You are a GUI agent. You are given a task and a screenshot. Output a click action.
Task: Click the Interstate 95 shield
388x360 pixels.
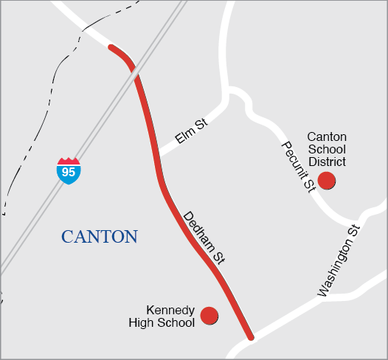[x=69, y=170]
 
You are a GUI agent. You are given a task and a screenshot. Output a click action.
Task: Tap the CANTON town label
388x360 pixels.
[x=100, y=237]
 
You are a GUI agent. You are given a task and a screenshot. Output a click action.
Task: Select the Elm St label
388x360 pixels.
[x=191, y=132]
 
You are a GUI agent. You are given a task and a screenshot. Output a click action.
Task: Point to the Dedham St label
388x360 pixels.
[x=203, y=238]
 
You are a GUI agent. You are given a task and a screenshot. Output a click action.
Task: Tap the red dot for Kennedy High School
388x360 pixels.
[x=209, y=316]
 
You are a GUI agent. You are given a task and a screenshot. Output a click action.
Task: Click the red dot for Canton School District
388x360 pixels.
[x=326, y=180]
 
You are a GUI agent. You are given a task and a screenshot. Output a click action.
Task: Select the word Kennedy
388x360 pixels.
[x=170, y=310]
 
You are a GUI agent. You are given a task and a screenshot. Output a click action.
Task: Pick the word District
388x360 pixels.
[x=327, y=161]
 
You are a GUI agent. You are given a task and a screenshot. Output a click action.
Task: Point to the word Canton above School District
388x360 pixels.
[x=327, y=137]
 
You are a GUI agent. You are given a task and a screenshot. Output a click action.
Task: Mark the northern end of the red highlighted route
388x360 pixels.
[x=111, y=47]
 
